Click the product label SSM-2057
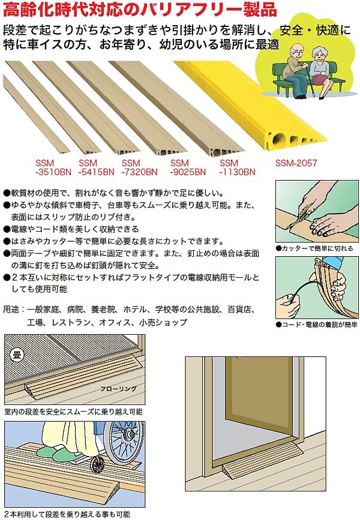coord(296,163)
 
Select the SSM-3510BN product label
coord(53,167)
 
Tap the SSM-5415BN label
coord(97,167)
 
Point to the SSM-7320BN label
coord(140,167)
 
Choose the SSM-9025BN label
coord(188,167)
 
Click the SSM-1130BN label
coord(238,167)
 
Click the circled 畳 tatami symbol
coord(17,355)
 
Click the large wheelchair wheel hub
coord(128,434)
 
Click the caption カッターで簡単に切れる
coord(314,248)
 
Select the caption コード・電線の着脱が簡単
coord(317,324)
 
